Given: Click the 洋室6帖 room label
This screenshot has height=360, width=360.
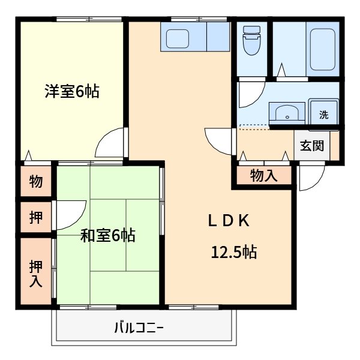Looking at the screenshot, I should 71,92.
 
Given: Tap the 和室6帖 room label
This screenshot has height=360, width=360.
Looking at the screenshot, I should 108,235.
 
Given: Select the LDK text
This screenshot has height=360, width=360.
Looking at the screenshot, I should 228,221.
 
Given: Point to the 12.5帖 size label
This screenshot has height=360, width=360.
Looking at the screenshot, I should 233,253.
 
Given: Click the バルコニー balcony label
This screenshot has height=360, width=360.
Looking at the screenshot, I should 139,329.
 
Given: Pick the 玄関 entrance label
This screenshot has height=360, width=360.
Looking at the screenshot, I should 312,146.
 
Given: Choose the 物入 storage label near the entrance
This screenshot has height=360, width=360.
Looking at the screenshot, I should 264,175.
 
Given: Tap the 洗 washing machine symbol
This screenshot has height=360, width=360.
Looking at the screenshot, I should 324,115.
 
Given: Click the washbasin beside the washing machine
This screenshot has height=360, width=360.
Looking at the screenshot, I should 286,112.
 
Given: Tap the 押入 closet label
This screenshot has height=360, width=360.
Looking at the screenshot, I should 36,272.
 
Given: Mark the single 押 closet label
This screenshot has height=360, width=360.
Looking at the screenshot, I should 36,218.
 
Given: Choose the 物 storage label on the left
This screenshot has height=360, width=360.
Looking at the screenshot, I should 36,181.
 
